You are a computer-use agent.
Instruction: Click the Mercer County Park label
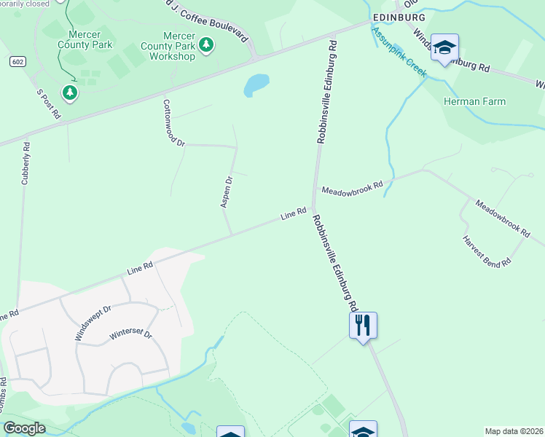click(86, 39)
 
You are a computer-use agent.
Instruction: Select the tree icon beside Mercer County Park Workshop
click(207, 45)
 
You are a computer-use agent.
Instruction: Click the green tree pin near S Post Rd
click(70, 92)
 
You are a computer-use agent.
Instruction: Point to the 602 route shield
click(18, 62)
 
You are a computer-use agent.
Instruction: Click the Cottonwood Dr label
click(174, 123)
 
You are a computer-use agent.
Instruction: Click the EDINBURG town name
click(398, 16)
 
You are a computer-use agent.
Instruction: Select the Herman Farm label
click(474, 101)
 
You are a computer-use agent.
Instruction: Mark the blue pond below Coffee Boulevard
click(256, 84)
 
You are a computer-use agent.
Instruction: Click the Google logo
click(24, 428)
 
